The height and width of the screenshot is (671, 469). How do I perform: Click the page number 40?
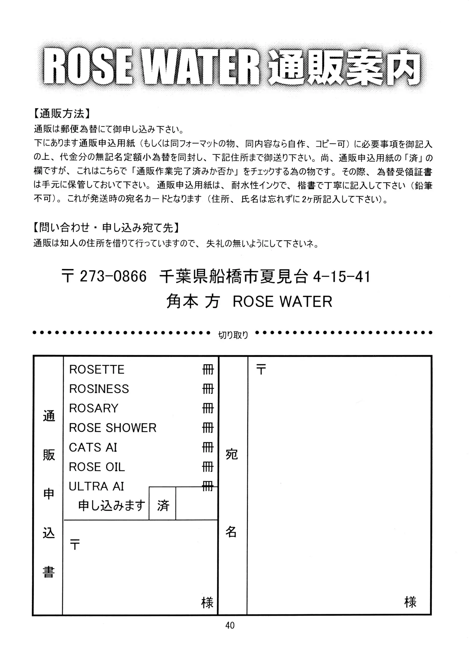coord(230,625)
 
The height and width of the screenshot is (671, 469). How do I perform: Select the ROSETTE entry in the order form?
coord(97,370)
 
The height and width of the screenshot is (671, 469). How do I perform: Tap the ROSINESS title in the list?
coord(99,389)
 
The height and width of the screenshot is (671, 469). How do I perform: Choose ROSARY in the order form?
coord(94,408)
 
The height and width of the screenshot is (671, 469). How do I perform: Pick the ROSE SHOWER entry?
coord(113,428)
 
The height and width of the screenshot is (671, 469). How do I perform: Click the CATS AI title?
coord(93,448)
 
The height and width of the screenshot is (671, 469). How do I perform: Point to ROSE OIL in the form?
coord(97,467)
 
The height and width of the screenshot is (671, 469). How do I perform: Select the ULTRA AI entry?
coord(96,486)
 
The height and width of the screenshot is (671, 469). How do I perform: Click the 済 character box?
coord(163,506)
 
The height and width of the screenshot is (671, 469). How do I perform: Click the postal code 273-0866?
coord(113,276)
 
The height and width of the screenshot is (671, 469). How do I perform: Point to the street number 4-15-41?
coord(341,276)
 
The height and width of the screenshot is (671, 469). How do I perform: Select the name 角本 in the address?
coord(182,301)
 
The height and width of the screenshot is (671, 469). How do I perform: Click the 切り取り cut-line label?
coord(233,335)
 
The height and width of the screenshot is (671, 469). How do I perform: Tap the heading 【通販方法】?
coord(62,113)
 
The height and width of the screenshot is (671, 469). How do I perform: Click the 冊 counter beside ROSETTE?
coord(208,370)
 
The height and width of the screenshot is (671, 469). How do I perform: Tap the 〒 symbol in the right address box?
coord(261,370)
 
